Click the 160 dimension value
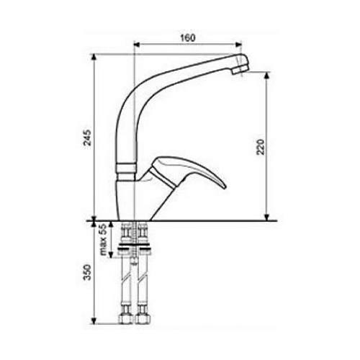click(x=188, y=38)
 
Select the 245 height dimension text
click(x=87, y=138)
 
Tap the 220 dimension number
click(x=261, y=147)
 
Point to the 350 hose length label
click(x=87, y=272)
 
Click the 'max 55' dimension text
click(x=103, y=240)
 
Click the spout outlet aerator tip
click(x=240, y=69)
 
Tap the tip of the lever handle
click(x=224, y=186)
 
